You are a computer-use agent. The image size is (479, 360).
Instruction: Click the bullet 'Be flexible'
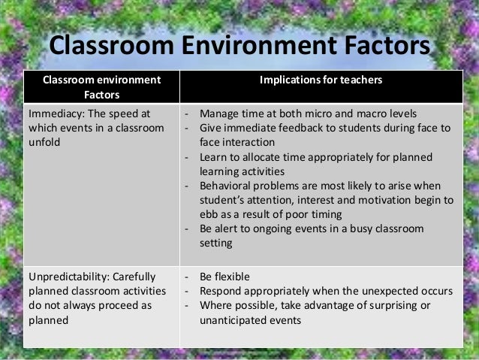(x=225, y=275)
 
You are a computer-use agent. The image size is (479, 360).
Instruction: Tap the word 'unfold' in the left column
(x=44, y=142)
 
